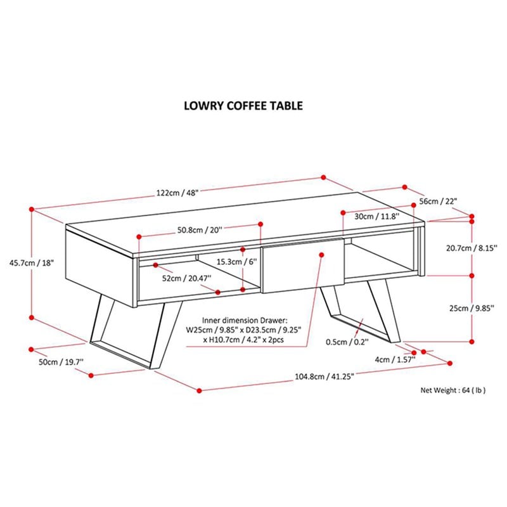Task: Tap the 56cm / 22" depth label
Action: (x=439, y=201)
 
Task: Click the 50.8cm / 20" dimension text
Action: (x=200, y=230)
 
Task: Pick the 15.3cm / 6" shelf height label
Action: (x=235, y=262)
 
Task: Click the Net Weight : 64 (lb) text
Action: (x=453, y=390)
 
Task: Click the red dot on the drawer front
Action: (x=321, y=255)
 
